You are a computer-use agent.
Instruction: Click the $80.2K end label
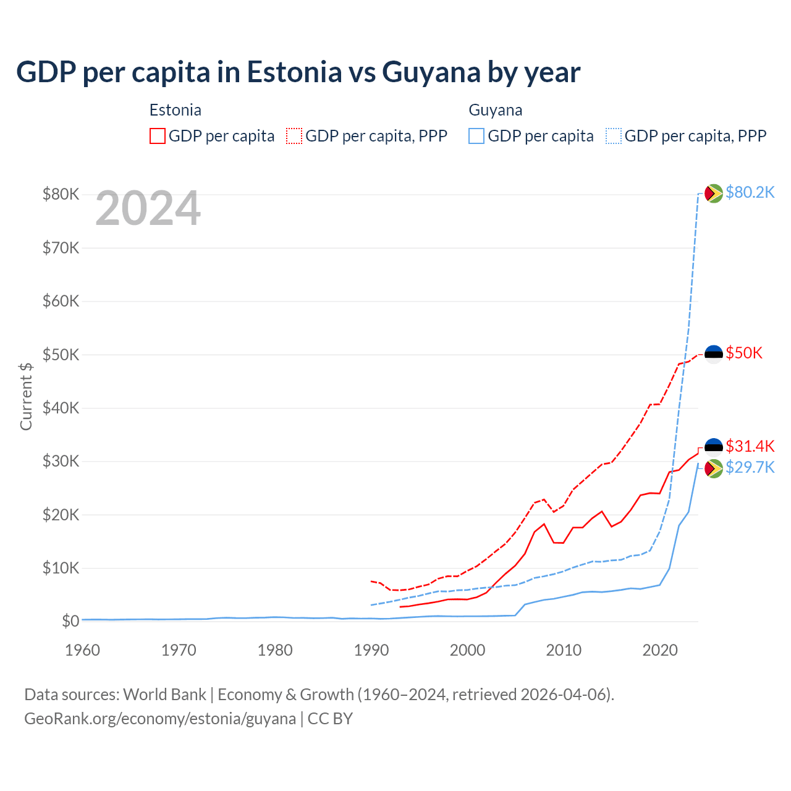(x=750, y=192)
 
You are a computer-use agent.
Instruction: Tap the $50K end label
(x=744, y=353)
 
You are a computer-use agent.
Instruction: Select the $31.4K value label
(x=750, y=446)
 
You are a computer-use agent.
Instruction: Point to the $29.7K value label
(x=750, y=467)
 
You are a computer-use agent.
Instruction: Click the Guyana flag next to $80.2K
(x=714, y=193)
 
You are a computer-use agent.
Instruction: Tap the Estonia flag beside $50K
(x=714, y=354)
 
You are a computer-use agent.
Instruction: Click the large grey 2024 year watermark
(x=148, y=209)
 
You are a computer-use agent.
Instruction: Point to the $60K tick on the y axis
(x=61, y=302)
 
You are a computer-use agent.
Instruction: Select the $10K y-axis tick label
(x=61, y=568)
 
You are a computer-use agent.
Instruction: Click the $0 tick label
(x=70, y=621)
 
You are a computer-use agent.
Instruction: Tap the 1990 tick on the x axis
(x=371, y=650)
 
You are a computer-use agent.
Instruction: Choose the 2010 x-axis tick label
(x=564, y=650)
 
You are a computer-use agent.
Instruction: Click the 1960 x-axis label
(x=83, y=650)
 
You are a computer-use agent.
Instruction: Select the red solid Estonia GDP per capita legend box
(x=158, y=136)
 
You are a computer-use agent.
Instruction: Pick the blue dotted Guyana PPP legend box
(x=614, y=136)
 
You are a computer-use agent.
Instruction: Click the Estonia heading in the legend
(x=176, y=110)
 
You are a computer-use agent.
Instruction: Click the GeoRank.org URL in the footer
(x=160, y=719)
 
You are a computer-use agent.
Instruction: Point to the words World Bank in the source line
(x=164, y=695)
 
